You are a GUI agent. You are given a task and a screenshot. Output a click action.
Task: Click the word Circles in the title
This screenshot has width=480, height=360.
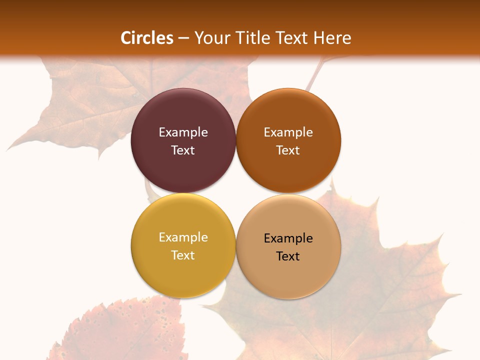coord(147,38)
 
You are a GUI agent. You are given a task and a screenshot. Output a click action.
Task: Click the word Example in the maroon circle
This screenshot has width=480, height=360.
coord(183,132)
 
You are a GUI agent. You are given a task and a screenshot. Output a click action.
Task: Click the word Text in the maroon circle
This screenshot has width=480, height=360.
coord(183,150)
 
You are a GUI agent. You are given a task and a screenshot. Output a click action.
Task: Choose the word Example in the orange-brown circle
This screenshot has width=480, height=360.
coord(288,132)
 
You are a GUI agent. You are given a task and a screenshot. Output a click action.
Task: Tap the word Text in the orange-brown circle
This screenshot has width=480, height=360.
coord(288,150)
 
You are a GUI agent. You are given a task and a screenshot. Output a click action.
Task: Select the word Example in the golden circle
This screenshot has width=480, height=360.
coord(183,237)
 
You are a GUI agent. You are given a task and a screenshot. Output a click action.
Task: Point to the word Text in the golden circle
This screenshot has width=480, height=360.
coord(183,255)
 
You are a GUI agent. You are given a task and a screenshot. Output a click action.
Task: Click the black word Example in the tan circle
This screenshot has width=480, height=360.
coord(288,238)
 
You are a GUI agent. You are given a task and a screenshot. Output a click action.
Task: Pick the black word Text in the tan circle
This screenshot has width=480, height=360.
coord(288,256)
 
